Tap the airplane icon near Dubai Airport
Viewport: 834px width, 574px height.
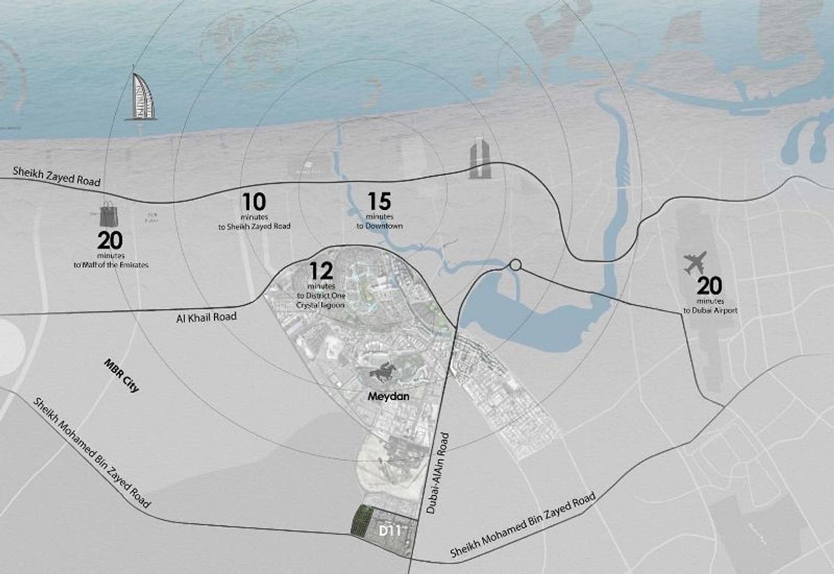696,263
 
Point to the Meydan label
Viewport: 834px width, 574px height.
388,396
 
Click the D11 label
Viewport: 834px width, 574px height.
389,531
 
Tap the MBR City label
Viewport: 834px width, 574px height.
122,375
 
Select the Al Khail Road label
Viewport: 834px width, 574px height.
206,317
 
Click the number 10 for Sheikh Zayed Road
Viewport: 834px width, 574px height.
254,201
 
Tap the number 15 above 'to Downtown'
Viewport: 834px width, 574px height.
379,201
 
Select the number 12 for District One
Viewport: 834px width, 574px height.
321,271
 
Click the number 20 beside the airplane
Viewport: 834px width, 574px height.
709,286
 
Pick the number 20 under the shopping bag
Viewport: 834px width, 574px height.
110,241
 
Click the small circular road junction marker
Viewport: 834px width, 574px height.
515,265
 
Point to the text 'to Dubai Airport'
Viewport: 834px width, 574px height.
711,311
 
